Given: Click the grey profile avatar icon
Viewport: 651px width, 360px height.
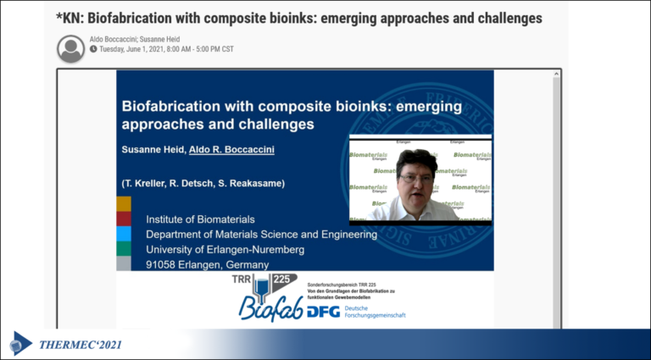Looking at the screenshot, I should pyautogui.click(x=71, y=48).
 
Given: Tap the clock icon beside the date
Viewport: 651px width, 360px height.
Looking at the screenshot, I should pyautogui.click(x=93, y=49).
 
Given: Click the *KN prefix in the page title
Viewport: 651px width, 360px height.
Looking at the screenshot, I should pyautogui.click(x=74, y=18).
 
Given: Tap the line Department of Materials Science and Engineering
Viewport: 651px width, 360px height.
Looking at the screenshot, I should pyautogui.click(x=261, y=234).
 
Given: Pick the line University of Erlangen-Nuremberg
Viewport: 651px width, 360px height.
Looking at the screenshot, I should pyautogui.click(x=225, y=249).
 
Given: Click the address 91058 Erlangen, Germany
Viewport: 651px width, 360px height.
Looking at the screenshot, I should pyautogui.click(x=207, y=264).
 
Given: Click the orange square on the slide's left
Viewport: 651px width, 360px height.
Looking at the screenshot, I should pyautogui.click(x=124, y=203).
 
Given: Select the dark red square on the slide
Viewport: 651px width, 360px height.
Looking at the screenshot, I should pyautogui.click(x=124, y=219).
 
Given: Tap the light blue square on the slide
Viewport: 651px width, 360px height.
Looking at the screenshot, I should pyautogui.click(x=124, y=234).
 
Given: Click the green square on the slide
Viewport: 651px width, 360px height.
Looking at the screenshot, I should pyautogui.click(x=124, y=248).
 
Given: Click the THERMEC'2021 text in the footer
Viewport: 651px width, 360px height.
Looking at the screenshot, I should pyautogui.click(x=81, y=344).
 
